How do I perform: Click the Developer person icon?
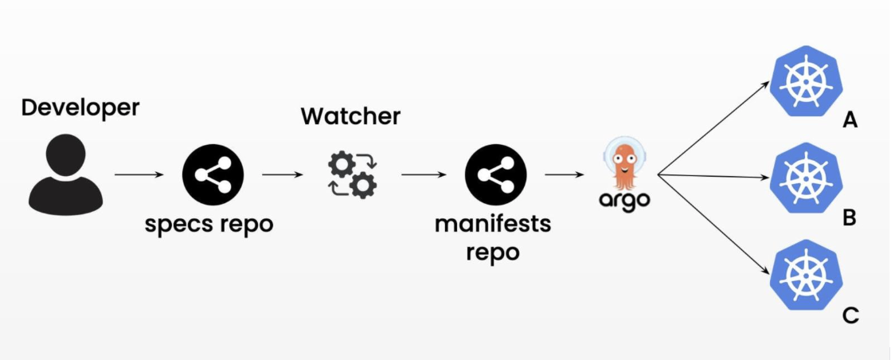pyautogui.click(x=65, y=174)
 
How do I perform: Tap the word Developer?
pyautogui.click(x=80, y=108)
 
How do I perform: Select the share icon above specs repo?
pyautogui.click(x=213, y=174)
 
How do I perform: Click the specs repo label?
pyautogui.click(x=209, y=225)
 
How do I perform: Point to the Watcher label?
pyautogui.click(x=350, y=116)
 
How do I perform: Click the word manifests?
pyautogui.click(x=492, y=224)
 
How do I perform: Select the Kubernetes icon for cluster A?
pyautogui.click(x=805, y=80)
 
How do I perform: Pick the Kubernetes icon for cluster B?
pyautogui.click(x=805, y=176)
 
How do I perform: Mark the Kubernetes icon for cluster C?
pyautogui.click(x=805, y=271)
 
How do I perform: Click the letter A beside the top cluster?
pyautogui.click(x=850, y=121)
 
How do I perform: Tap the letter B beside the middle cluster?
pyautogui.click(x=850, y=217)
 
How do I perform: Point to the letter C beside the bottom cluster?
pyautogui.click(x=850, y=315)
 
